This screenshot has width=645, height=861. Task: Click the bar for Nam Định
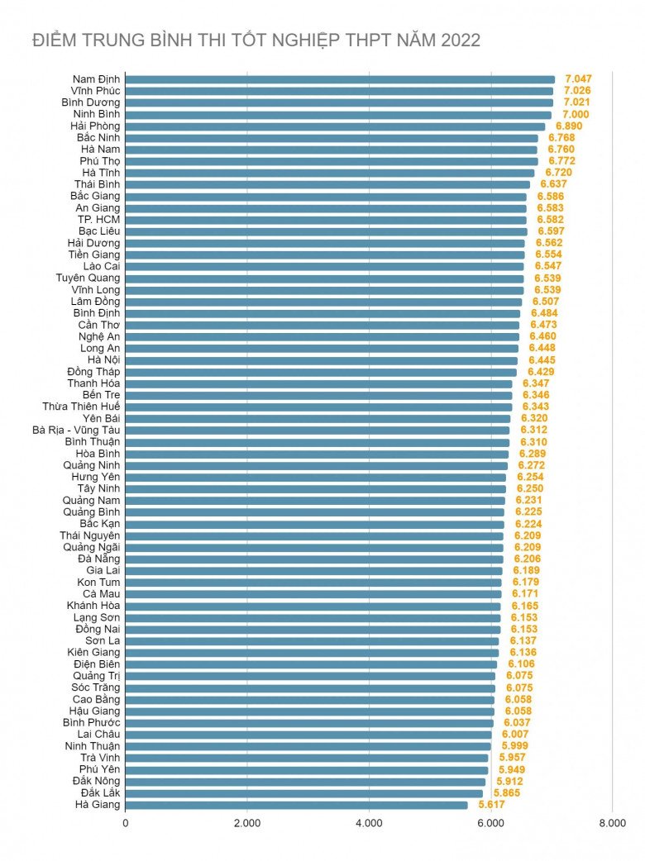340,79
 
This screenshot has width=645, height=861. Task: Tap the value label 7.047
577,79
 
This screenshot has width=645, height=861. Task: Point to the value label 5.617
491,805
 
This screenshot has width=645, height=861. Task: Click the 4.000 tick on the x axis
369,824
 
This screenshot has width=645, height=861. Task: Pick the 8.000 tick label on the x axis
612,824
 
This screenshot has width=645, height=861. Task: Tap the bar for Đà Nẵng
314,559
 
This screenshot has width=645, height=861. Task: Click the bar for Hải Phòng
335,126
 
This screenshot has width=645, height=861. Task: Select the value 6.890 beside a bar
569,126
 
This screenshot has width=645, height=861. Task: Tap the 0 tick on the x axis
126,824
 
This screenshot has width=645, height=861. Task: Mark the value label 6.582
550,220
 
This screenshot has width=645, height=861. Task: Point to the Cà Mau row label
101,594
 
